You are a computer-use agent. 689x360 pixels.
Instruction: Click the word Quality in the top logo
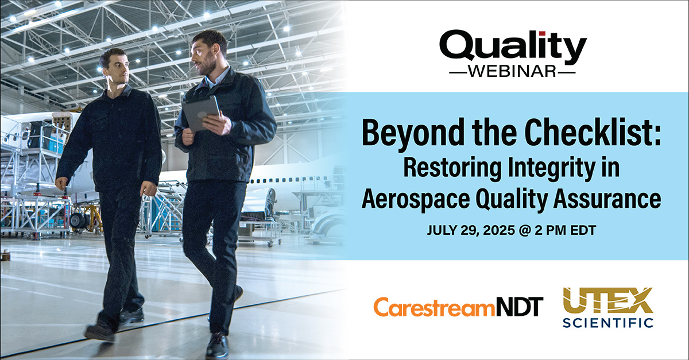click(513, 49)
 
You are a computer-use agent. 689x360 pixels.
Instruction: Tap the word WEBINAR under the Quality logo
click(513, 73)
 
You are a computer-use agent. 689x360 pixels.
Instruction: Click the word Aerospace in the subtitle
click(416, 199)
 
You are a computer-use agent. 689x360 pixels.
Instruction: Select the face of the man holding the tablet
click(204, 53)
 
